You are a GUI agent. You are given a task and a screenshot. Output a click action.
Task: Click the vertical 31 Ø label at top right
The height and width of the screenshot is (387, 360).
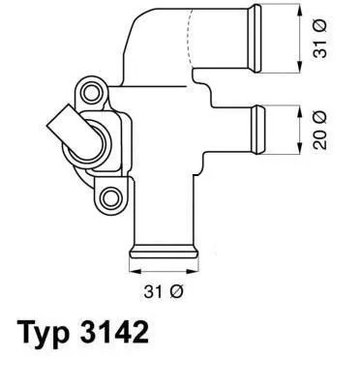[324, 39]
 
